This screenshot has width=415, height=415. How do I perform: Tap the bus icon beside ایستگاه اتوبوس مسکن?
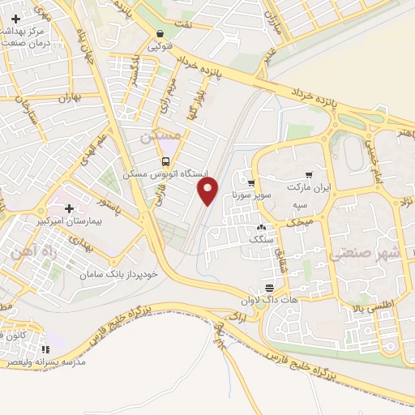tap(166, 160)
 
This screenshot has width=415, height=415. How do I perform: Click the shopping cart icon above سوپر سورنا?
tap(251, 183)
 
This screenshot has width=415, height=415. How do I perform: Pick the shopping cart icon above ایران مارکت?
tap(309, 175)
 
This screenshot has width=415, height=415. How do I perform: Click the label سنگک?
tap(262, 238)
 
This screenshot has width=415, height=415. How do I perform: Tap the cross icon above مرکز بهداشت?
tap(15, 17)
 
